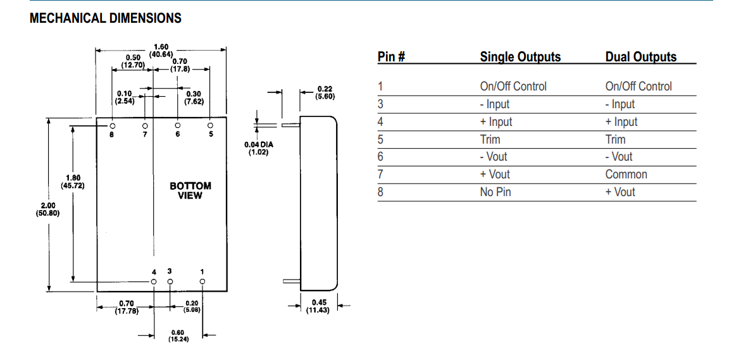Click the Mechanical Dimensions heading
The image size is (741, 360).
coord(106,18)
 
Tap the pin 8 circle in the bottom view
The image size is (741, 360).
coord(112,125)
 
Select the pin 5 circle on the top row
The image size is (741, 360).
coord(211,125)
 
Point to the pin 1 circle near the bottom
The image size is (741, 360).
coord(202,280)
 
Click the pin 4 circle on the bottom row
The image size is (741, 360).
coord(153,280)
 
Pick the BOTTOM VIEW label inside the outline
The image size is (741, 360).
coord(190,190)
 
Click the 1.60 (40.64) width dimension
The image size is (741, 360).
coord(161,51)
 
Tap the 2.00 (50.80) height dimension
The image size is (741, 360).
coord(47,209)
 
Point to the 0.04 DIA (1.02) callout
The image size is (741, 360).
coord(259,149)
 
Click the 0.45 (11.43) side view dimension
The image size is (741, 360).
coord(318,306)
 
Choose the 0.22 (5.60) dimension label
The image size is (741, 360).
coord(325,92)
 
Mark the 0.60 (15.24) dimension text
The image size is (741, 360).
coord(178,336)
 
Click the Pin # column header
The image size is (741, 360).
coord(391,57)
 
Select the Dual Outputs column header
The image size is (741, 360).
coord(640,57)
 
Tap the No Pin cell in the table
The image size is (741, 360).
coord(495,192)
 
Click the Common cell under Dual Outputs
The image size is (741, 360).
coord(626,174)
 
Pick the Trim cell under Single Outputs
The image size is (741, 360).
coord(490,139)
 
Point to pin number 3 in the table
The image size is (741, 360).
coord(380,104)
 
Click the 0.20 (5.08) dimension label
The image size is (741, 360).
coord(192,307)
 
